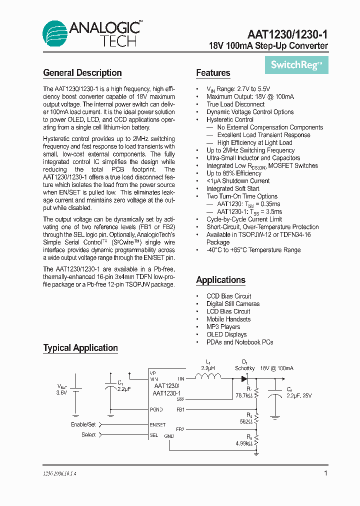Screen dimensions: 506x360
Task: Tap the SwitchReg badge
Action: (x=296, y=64)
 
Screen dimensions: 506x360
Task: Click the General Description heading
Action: (x=82, y=73)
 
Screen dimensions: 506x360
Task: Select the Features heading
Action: (x=213, y=73)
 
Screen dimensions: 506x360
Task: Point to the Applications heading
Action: (x=220, y=280)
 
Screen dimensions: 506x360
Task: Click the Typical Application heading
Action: (x=80, y=348)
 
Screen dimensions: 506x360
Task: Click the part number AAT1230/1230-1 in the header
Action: (x=287, y=34)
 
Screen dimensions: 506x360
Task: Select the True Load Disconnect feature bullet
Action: (x=235, y=104)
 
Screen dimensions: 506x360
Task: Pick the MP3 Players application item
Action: (x=223, y=327)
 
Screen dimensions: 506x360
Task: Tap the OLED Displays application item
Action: (x=226, y=334)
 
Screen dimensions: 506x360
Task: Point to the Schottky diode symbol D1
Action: (x=245, y=379)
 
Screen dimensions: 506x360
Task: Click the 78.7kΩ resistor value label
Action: (x=244, y=395)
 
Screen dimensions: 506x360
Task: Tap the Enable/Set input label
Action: (x=83, y=424)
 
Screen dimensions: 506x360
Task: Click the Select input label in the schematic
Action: (x=88, y=435)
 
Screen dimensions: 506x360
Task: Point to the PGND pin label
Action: (x=156, y=409)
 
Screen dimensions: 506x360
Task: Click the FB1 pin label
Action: (x=180, y=409)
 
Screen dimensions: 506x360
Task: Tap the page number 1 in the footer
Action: (x=325, y=473)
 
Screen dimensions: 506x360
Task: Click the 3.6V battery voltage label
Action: (x=61, y=393)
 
